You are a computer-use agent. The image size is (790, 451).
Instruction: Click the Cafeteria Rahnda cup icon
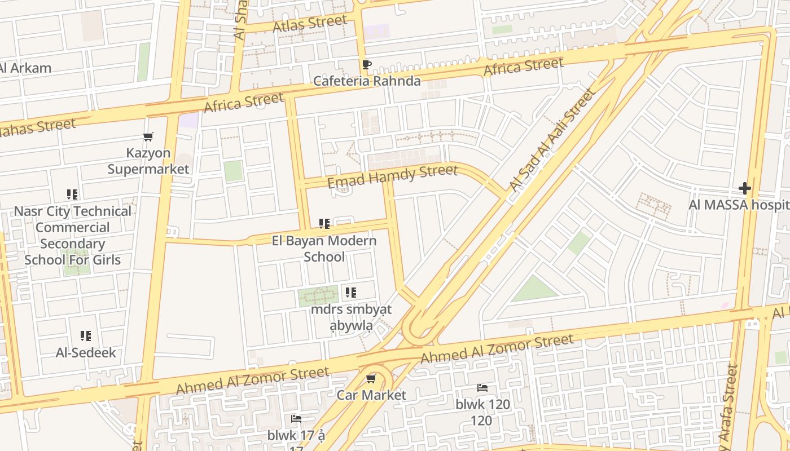click(x=366, y=65)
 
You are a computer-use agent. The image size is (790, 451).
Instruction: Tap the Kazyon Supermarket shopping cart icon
click(x=148, y=136)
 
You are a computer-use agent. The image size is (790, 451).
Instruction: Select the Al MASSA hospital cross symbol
click(x=744, y=188)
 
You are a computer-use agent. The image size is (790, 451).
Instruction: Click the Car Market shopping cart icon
click(x=371, y=379)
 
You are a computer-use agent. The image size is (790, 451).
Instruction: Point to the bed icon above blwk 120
click(x=482, y=388)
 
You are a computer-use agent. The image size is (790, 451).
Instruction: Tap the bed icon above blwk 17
click(x=296, y=419)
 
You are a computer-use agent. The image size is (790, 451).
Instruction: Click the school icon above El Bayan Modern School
click(x=324, y=224)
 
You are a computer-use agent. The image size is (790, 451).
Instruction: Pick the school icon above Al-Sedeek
click(x=85, y=336)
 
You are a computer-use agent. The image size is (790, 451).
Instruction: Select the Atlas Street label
click(x=309, y=24)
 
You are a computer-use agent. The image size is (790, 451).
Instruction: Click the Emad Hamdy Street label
click(x=392, y=175)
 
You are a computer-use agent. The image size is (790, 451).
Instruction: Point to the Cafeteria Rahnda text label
click(x=366, y=81)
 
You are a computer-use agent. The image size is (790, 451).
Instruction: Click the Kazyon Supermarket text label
click(x=148, y=161)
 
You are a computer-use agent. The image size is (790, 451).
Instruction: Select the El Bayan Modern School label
click(x=324, y=249)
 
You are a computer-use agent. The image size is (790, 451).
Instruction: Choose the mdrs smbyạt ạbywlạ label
click(x=351, y=317)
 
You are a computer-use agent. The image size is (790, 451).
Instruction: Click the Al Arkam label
click(x=25, y=68)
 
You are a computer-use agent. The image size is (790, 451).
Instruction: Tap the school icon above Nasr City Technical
click(x=72, y=194)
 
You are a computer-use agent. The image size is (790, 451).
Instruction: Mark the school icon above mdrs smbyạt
click(x=351, y=293)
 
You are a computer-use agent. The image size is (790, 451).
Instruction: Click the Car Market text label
click(x=371, y=395)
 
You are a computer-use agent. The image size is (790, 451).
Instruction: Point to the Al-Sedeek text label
click(x=85, y=353)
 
